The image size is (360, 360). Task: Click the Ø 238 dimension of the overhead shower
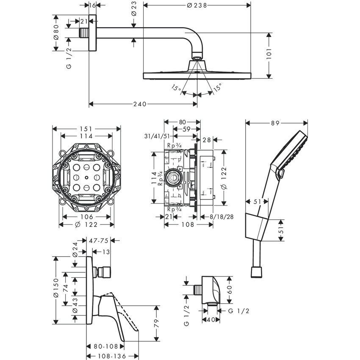[x=197, y=6]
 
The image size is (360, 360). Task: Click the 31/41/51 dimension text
[x=158, y=136]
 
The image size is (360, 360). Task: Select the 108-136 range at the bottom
[x=111, y=356]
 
